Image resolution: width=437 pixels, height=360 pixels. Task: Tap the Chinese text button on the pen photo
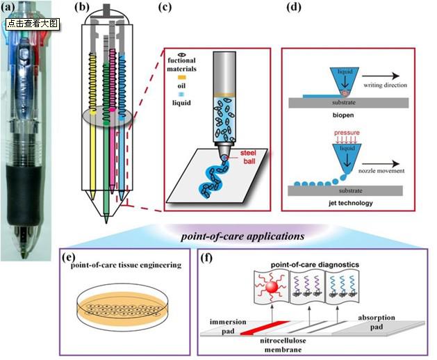click(33, 24)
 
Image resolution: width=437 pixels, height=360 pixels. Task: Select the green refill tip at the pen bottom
click(106, 218)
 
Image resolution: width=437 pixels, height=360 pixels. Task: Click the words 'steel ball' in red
click(248, 157)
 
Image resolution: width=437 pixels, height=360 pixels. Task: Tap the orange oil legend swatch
click(181, 77)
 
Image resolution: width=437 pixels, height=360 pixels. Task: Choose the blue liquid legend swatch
click(181, 95)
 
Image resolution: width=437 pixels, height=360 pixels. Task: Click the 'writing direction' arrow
click(381, 76)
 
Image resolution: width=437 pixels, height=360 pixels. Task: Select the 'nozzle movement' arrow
click(381, 164)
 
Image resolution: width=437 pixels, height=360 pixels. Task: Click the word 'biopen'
click(343, 115)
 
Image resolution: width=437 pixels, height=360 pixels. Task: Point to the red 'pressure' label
click(347, 133)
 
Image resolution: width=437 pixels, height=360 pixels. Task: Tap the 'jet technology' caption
click(351, 203)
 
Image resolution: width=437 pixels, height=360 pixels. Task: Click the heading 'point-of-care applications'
click(242, 236)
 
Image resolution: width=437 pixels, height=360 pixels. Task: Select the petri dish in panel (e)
click(122, 307)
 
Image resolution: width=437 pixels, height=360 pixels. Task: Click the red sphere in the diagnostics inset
click(272, 287)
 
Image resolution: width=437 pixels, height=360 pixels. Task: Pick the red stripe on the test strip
click(265, 327)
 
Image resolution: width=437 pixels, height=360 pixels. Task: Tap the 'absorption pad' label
click(377, 322)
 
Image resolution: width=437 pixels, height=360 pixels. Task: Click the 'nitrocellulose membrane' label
click(283, 345)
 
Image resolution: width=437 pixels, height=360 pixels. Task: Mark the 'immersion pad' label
click(228, 327)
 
